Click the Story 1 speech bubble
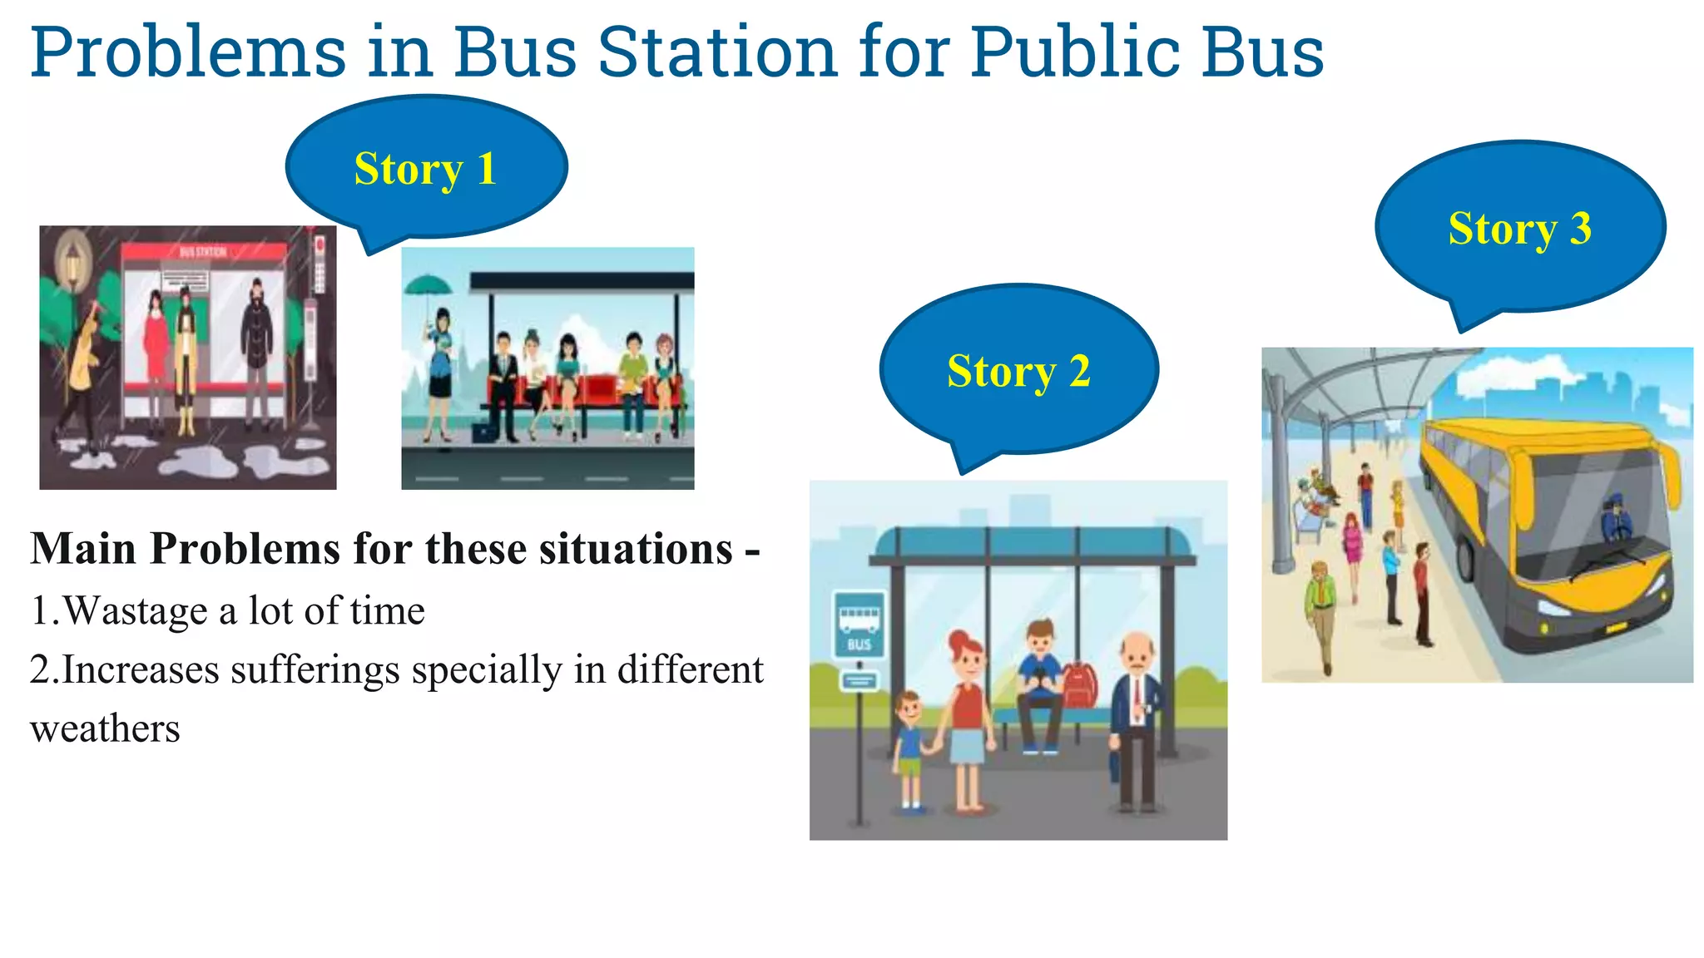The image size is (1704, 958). (x=426, y=168)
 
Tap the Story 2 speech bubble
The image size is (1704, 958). (x=1018, y=370)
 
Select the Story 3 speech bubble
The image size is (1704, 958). (x=1520, y=227)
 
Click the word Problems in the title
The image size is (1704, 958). (x=188, y=52)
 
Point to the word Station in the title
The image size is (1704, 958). (x=717, y=52)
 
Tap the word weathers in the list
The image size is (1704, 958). (x=105, y=729)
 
